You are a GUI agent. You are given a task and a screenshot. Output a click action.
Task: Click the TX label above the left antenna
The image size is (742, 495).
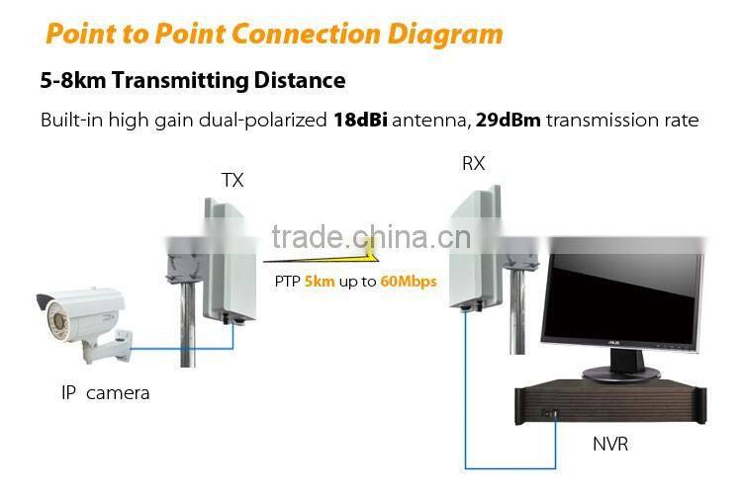(x=232, y=180)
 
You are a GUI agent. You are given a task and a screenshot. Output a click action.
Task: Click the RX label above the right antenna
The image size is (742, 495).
(x=474, y=163)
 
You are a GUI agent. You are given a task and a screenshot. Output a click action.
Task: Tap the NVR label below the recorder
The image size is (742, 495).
(x=611, y=443)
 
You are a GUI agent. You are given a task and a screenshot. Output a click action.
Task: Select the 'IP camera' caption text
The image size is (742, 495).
(x=106, y=392)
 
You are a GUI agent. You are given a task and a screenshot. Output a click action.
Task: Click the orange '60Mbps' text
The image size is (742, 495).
(x=409, y=281)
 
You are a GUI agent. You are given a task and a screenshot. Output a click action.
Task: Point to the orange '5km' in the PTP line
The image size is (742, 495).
(x=320, y=281)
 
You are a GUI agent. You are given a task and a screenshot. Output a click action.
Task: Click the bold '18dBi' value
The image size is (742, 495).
(x=360, y=121)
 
